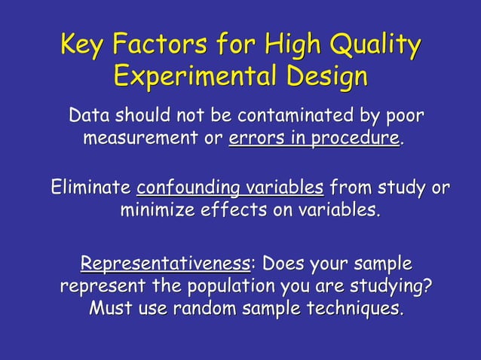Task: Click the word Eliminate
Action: point(90,187)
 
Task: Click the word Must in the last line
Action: point(110,309)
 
